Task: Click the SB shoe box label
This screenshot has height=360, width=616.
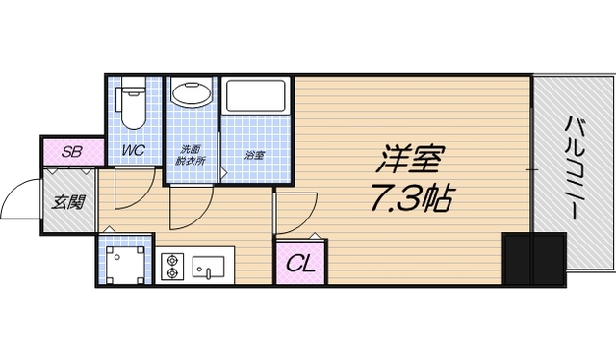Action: [70, 151]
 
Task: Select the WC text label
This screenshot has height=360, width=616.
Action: [132, 151]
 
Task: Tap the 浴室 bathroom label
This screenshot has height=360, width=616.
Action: [254, 153]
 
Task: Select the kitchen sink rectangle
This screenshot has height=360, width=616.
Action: [209, 265]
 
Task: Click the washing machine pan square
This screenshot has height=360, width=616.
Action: [124, 262]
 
